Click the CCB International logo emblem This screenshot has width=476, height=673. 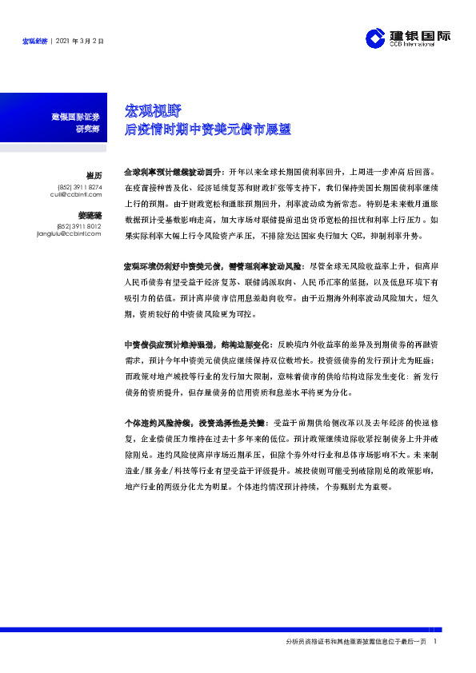tap(376, 38)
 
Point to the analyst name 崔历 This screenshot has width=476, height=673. tap(93, 175)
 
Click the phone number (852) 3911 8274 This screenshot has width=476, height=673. tap(81, 187)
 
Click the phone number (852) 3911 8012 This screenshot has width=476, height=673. tap(81, 226)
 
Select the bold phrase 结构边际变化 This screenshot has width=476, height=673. tap(234, 343)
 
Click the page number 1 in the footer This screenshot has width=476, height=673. tap(434, 642)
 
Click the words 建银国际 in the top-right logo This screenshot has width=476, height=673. tap(421, 34)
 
